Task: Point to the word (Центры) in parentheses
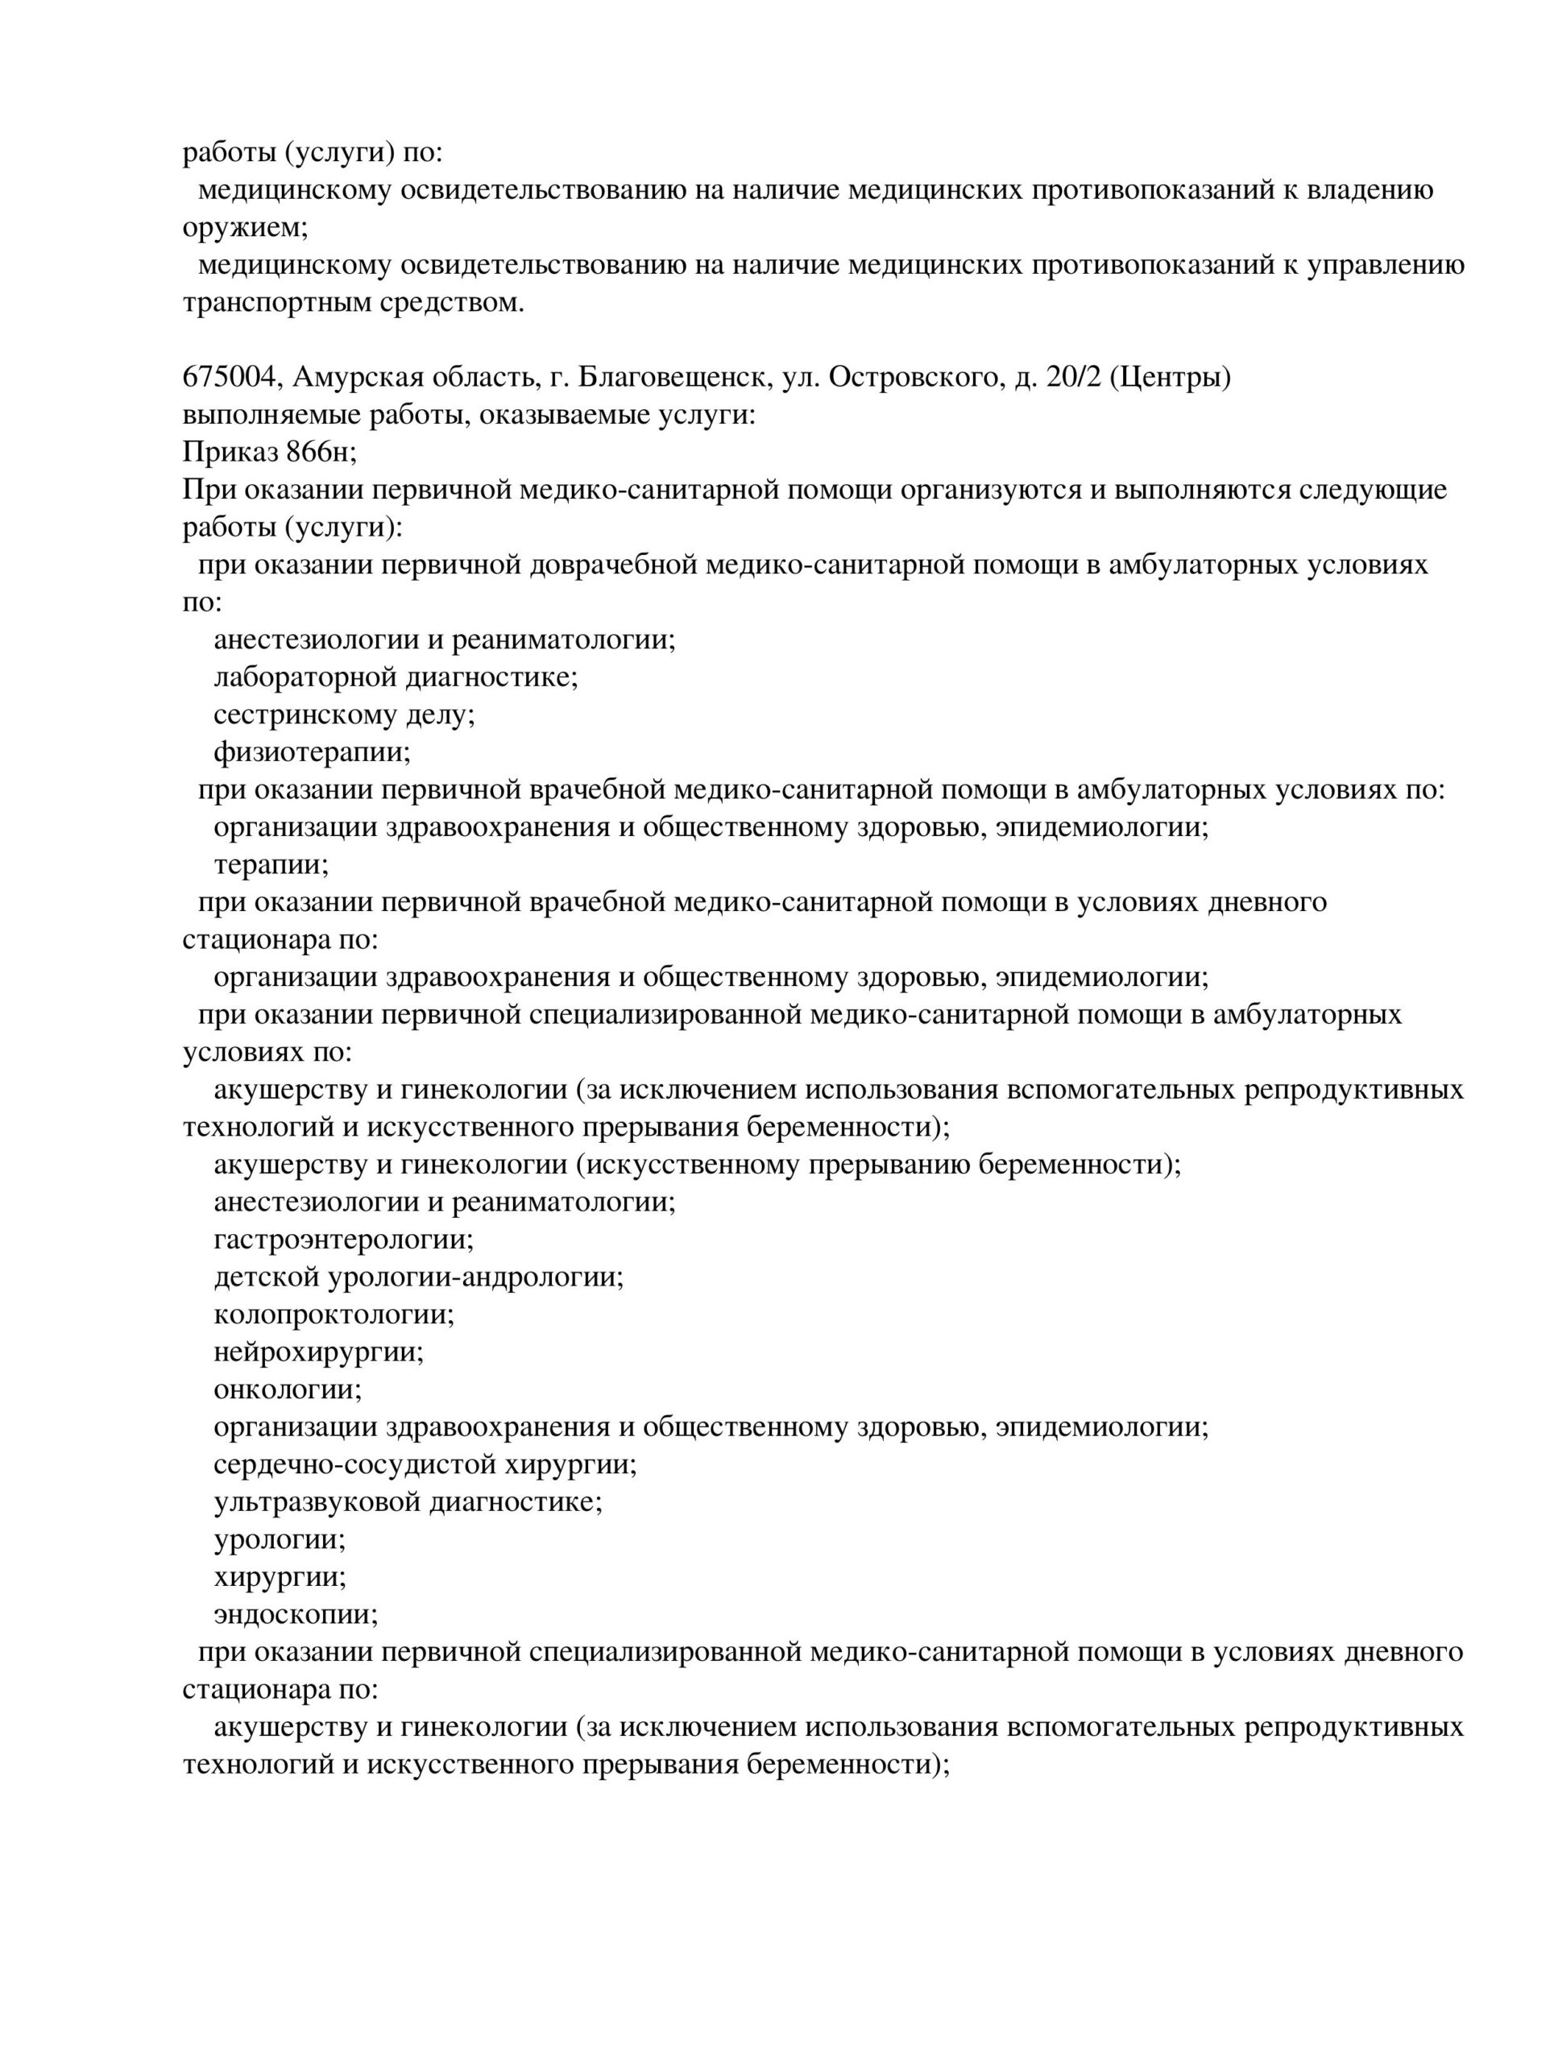click(1171, 378)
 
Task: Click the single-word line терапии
click(271, 864)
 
